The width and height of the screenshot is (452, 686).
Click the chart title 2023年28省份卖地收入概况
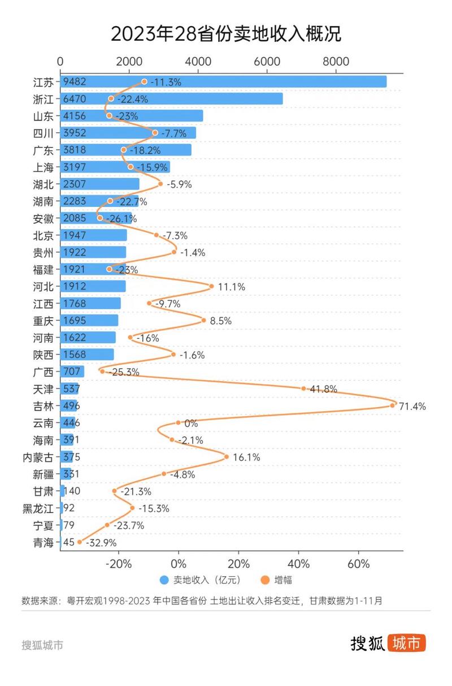point(226,33)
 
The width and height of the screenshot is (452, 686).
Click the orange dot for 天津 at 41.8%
point(303,389)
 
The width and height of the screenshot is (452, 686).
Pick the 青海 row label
point(44,542)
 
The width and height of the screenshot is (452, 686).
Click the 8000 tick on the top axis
point(336,62)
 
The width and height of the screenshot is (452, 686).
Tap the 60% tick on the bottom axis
point(358,564)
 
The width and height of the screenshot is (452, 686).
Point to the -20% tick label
point(119,564)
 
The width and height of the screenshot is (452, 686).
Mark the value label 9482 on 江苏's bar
point(75,82)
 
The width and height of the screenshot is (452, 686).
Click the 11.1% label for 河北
point(231,287)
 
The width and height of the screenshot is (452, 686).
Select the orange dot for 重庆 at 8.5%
point(204,321)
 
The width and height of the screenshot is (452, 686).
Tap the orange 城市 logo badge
point(406,643)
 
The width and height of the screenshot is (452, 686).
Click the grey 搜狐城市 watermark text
point(42,645)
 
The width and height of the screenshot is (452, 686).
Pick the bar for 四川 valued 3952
point(141,133)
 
